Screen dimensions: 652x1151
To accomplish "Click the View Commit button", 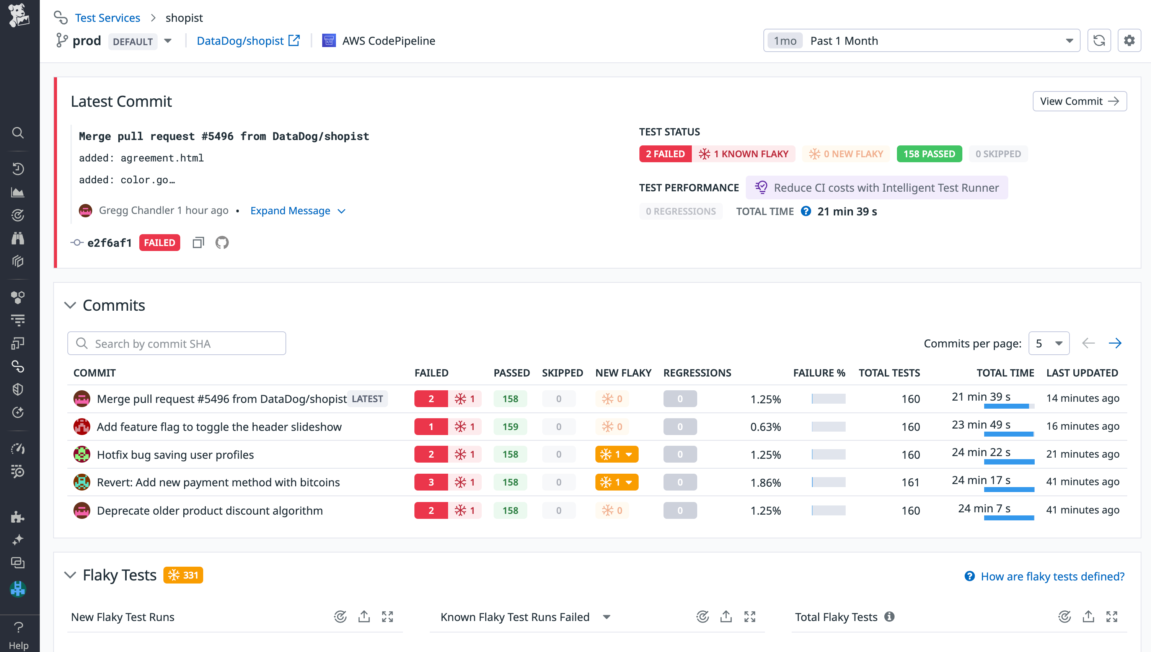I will pos(1079,101).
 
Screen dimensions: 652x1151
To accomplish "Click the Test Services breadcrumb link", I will pos(107,18).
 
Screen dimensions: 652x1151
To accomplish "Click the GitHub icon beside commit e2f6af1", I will pos(222,243).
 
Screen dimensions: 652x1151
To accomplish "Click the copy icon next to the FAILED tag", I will pos(198,243).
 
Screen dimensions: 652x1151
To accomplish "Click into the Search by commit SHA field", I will pos(177,344).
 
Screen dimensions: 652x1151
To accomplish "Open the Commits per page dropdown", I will pos(1048,344).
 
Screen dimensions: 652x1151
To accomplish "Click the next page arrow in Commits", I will pos(1115,344).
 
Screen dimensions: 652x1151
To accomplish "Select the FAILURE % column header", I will pos(819,373).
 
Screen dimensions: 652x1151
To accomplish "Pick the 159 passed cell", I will pos(510,427).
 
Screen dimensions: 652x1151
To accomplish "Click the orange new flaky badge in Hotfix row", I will pos(616,455).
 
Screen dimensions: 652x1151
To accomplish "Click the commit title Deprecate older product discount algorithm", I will pos(210,510).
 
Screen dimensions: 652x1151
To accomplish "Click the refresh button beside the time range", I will pos(1099,41).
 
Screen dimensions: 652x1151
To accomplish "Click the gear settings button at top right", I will pos(1129,41).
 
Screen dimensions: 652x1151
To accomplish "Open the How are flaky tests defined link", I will pos(1052,576).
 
